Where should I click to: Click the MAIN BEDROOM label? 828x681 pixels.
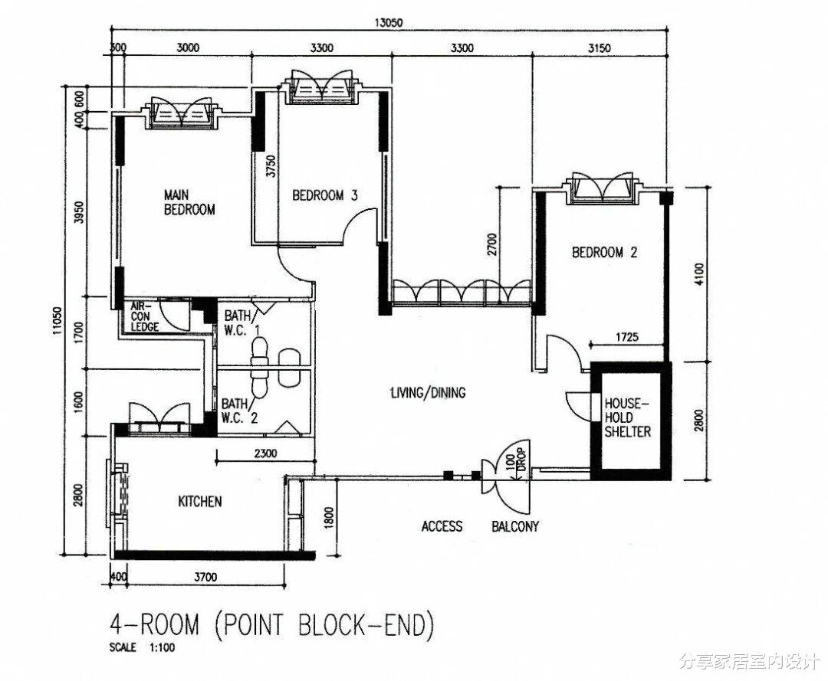coord(189,202)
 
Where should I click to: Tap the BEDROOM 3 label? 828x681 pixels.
coord(325,195)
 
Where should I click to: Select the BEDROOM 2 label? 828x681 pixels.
coord(605,252)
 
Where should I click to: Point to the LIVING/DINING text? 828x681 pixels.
coord(429,392)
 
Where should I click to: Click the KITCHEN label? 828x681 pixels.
coord(199,501)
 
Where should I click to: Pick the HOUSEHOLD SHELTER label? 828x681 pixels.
coord(627,417)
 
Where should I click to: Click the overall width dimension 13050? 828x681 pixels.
coord(388,23)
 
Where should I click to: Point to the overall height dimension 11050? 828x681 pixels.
coord(58,321)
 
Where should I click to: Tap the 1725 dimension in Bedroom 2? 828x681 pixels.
coord(627,336)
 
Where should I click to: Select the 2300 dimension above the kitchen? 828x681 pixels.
coord(265,453)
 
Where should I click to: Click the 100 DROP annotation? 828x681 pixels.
coord(515,463)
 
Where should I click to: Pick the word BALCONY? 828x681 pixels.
coord(515,526)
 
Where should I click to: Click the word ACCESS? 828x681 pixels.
coord(442,526)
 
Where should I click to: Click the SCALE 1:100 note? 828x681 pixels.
coord(142,647)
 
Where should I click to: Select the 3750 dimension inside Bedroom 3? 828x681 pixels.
coord(271,165)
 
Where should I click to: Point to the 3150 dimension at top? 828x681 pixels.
coord(600,48)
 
